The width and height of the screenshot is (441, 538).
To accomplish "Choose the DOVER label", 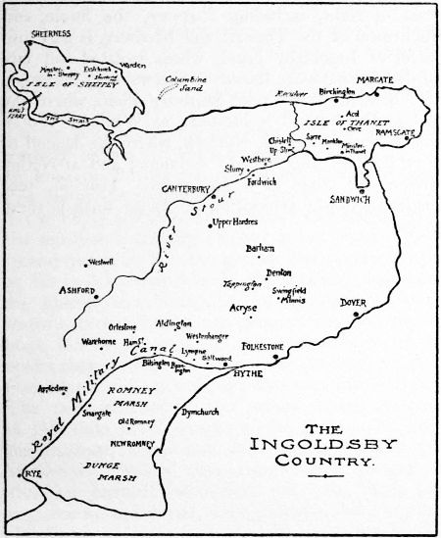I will point(354,304).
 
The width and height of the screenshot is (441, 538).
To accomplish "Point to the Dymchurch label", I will point(201,413).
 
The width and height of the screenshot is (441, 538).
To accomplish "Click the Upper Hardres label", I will point(236,223).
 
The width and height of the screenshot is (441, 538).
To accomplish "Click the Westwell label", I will point(101,262).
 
